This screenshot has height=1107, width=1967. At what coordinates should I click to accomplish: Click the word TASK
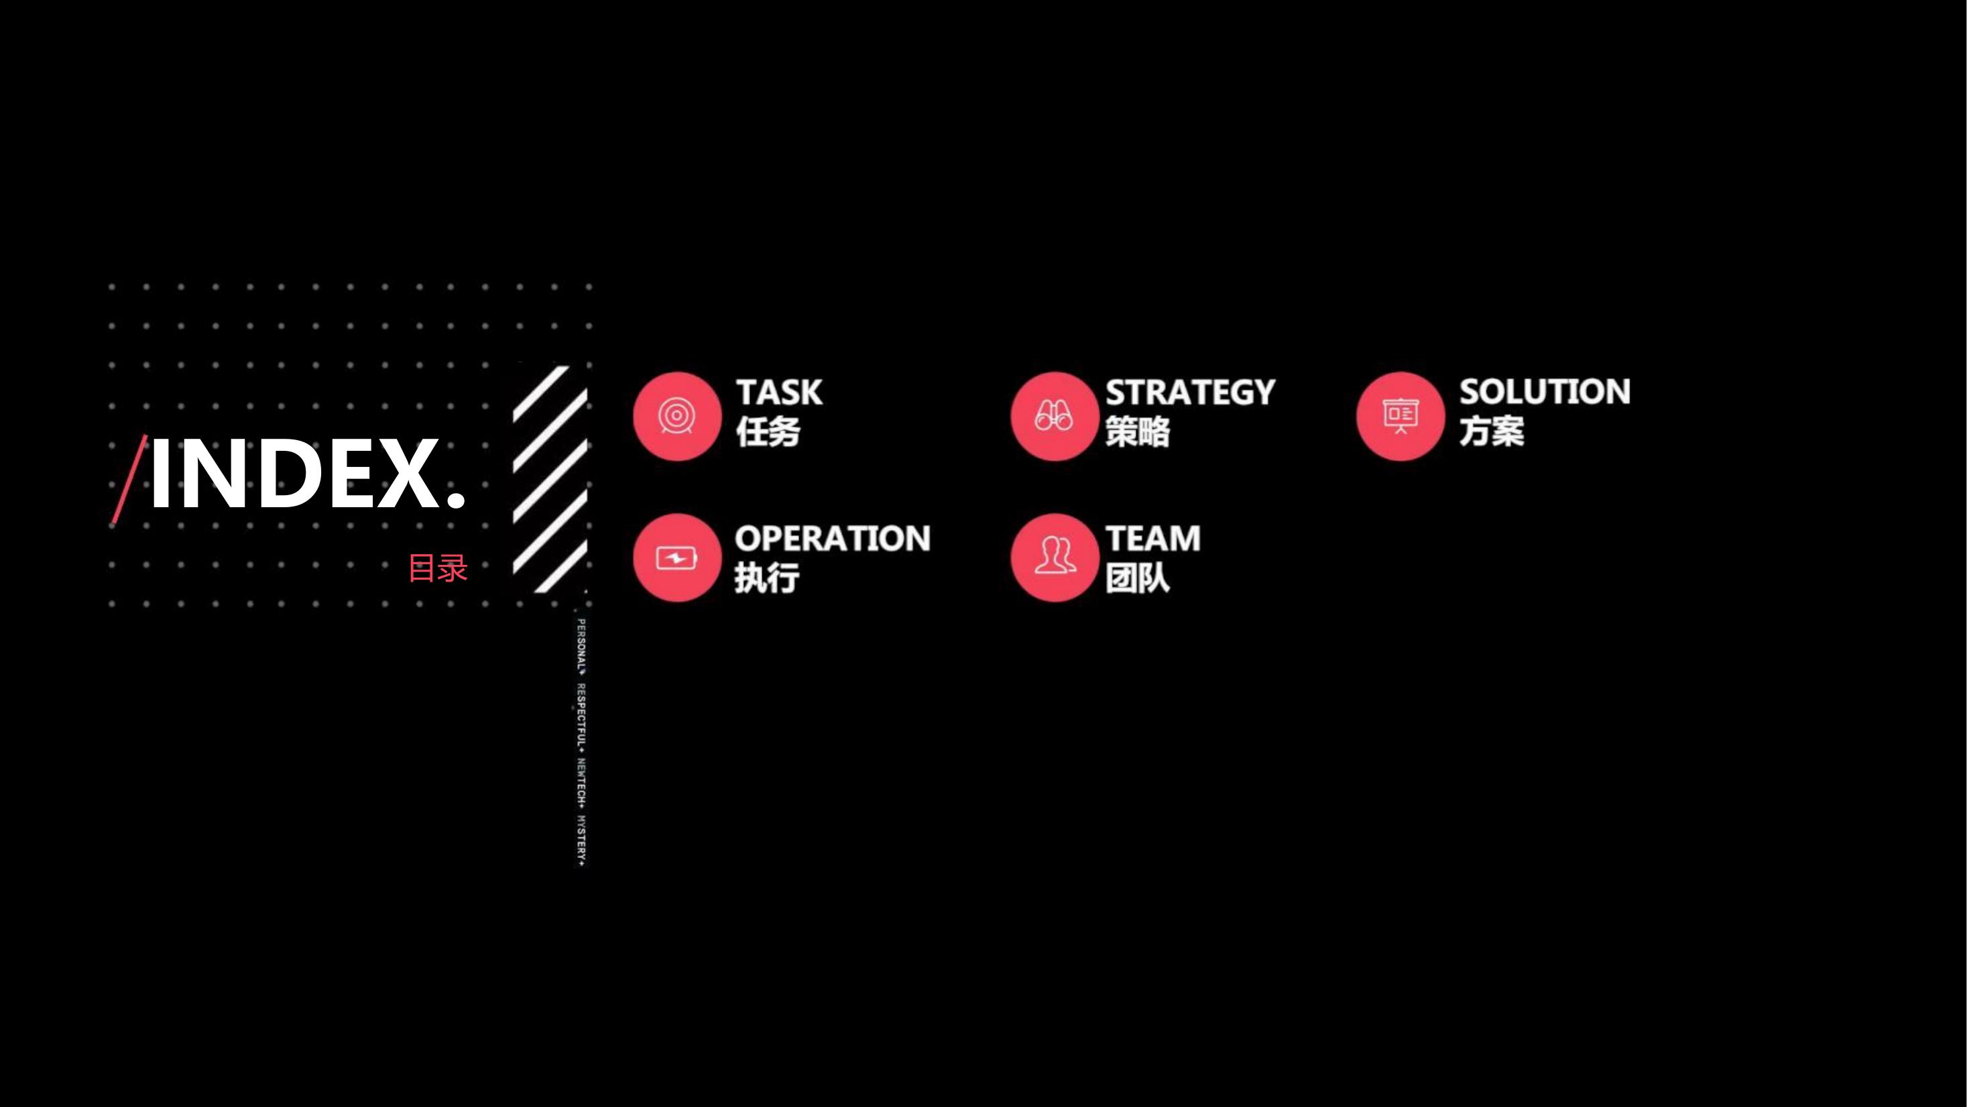(x=779, y=392)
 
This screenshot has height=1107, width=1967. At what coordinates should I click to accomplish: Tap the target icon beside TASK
(x=676, y=417)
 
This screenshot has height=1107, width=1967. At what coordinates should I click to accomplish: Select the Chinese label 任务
(x=768, y=431)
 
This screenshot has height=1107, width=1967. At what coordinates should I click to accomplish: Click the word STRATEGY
(x=1191, y=392)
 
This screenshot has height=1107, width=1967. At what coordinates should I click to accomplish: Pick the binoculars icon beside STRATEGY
(x=1055, y=417)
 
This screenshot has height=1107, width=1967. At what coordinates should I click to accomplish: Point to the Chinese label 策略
(x=1138, y=431)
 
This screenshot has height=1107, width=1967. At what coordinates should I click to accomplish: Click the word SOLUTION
(x=1545, y=392)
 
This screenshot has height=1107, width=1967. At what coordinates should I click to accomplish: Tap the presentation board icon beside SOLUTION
(x=1400, y=417)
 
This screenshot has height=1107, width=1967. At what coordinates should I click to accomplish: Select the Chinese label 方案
(x=1491, y=431)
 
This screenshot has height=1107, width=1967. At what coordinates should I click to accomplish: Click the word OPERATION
(x=832, y=539)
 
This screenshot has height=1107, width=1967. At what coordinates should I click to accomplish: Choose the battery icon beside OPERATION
(x=676, y=558)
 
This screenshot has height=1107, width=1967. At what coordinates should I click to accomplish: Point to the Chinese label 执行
(x=767, y=578)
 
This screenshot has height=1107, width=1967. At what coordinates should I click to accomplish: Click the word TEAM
(x=1153, y=539)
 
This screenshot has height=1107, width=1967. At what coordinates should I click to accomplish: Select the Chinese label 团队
(x=1138, y=578)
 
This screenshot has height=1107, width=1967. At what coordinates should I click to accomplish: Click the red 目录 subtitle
(x=438, y=568)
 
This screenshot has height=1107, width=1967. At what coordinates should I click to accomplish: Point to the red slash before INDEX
(x=129, y=479)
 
